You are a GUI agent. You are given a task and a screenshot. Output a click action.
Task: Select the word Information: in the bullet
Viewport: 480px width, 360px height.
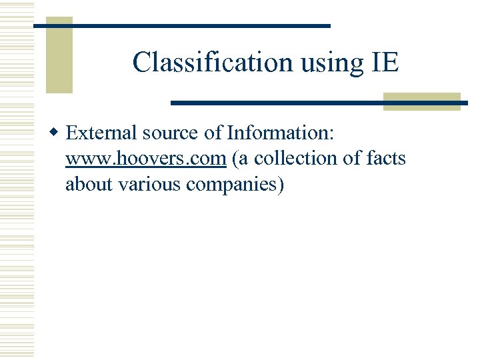click(281, 133)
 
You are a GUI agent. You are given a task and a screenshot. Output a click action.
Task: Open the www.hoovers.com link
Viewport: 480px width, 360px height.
click(145, 159)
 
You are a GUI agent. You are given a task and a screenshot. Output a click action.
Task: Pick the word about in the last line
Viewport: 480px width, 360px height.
click(89, 184)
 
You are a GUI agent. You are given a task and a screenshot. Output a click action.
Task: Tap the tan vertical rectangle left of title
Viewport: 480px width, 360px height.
click(59, 55)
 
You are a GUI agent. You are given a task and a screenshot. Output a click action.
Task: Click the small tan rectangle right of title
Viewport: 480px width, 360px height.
click(422, 101)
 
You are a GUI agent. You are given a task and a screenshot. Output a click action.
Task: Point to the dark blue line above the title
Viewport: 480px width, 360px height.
click(181, 25)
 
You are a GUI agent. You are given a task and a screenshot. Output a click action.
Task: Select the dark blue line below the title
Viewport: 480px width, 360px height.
click(319, 103)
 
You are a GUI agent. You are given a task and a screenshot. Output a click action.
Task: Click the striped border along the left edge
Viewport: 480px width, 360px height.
click(17, 180)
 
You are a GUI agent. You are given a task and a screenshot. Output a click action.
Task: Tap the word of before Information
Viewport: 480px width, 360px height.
click(213, 133)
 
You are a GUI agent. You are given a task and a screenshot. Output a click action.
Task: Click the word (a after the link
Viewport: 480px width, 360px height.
click(239, 159)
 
